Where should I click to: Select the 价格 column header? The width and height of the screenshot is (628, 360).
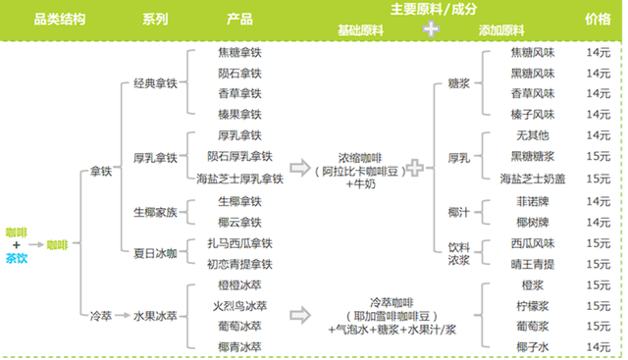[x=598, y=19]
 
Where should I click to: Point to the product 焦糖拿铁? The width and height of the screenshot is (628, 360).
[x=239, y=52]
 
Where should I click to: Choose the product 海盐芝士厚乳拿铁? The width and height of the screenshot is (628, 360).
[x=239, y=179]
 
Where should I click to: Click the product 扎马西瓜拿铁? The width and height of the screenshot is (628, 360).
[x=239, y=241]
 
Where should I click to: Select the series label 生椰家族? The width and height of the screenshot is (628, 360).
[x=156, y=210]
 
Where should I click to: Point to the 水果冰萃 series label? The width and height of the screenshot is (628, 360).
[x=156, y=317]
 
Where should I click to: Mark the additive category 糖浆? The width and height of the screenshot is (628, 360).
[x=458, y=84]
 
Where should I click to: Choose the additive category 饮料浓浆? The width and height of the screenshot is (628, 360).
[x=458, y=251]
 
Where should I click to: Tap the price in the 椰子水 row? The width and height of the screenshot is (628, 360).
[x=598, y=346]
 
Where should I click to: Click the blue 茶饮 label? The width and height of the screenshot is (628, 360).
[x=16, y=259]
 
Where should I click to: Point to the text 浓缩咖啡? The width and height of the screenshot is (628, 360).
[x=364, y=156]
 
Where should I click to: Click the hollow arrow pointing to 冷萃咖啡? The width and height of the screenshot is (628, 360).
[x=300, y=316]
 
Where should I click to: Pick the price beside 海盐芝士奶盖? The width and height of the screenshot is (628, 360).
[x=598, y=179]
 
